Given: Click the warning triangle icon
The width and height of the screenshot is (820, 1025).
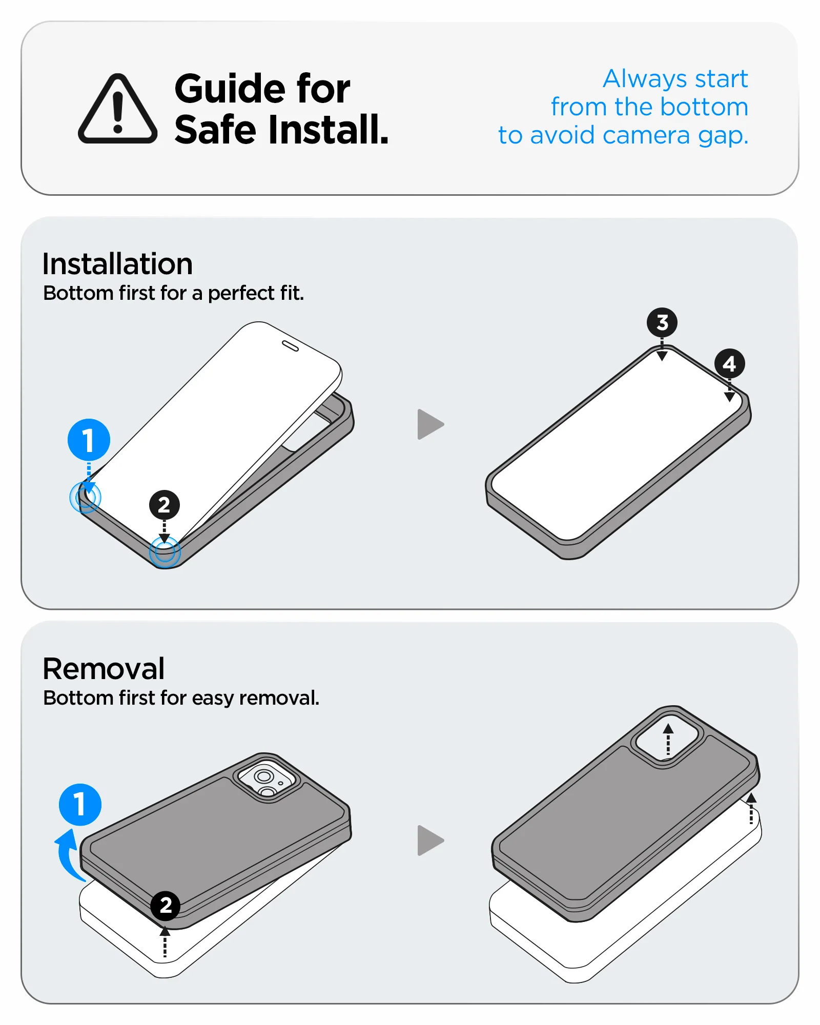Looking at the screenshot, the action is [117, 109].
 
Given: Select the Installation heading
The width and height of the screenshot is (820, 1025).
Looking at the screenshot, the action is [117, 264].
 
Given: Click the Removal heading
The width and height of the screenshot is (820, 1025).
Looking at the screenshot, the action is [104, 668].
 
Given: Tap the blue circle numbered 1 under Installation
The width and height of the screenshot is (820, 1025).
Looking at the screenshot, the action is [89, 440].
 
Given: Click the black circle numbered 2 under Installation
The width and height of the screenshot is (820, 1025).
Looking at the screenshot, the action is [164, 505].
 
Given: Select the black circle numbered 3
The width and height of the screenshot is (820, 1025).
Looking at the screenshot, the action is [662, 322].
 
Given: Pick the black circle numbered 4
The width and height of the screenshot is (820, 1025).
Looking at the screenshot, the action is [729, 364].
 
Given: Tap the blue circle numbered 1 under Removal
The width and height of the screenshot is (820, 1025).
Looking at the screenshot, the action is [80, 804].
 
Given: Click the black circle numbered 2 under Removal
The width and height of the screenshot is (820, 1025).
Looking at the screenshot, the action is [165, 906].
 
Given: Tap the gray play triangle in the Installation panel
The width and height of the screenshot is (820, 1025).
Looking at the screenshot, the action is [429, 424].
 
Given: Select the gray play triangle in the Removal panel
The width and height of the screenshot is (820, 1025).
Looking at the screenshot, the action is [429, 840].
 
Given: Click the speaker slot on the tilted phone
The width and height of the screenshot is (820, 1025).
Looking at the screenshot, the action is [290, 346].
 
